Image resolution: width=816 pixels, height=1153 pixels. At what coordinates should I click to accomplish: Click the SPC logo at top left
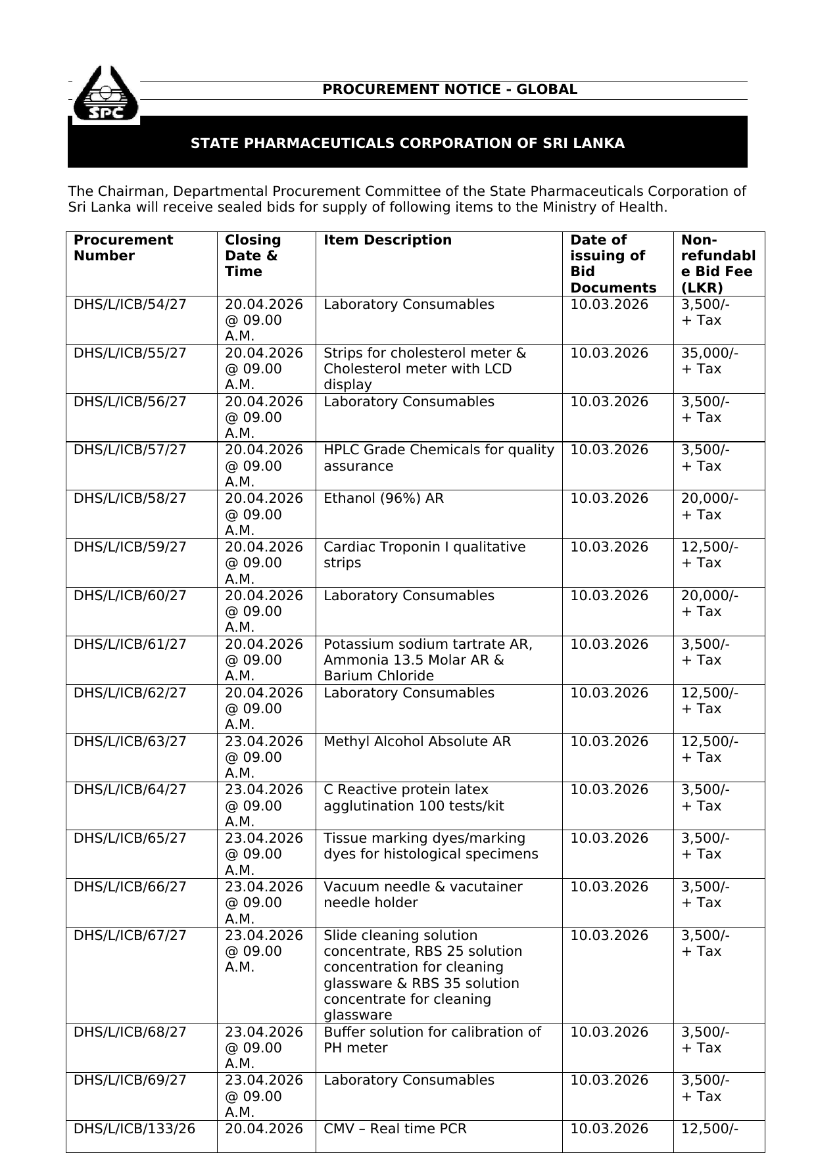tap(105, 96)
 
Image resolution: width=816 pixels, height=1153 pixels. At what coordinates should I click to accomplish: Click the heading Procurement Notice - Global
tap(450, 90)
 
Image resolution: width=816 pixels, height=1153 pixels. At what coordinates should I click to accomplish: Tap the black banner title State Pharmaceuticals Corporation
tap(407, 143)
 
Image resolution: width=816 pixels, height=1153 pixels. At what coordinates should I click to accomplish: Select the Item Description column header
tap(387, 241)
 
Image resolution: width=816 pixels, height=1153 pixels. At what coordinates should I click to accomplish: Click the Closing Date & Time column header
tap(252, 256)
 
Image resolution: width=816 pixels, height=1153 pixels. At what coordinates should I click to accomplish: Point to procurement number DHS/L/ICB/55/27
tap(130, 354)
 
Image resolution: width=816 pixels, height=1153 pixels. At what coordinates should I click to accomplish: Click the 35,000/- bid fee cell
tap(709, 354)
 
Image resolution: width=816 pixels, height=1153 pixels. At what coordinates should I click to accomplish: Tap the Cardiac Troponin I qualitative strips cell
tap(424, 555)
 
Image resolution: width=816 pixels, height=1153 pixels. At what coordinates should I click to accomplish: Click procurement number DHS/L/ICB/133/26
tap(135, 1129)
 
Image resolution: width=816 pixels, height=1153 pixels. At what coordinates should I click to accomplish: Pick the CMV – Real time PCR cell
tap(395, 1129)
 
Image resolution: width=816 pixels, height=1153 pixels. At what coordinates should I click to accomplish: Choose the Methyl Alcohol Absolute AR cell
tap(417, 742)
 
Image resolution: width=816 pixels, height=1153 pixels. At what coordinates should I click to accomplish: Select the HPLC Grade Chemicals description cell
tap(439, 458)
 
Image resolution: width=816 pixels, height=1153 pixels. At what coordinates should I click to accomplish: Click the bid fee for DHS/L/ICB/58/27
tap(709, 507)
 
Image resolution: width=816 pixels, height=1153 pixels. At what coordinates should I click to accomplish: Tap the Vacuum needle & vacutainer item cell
tap(422, 895)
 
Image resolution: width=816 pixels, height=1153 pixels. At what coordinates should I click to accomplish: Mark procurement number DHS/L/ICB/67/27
tap(130, 936)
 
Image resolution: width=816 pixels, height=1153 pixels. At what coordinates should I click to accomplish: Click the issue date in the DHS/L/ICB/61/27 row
tap(609, 645)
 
